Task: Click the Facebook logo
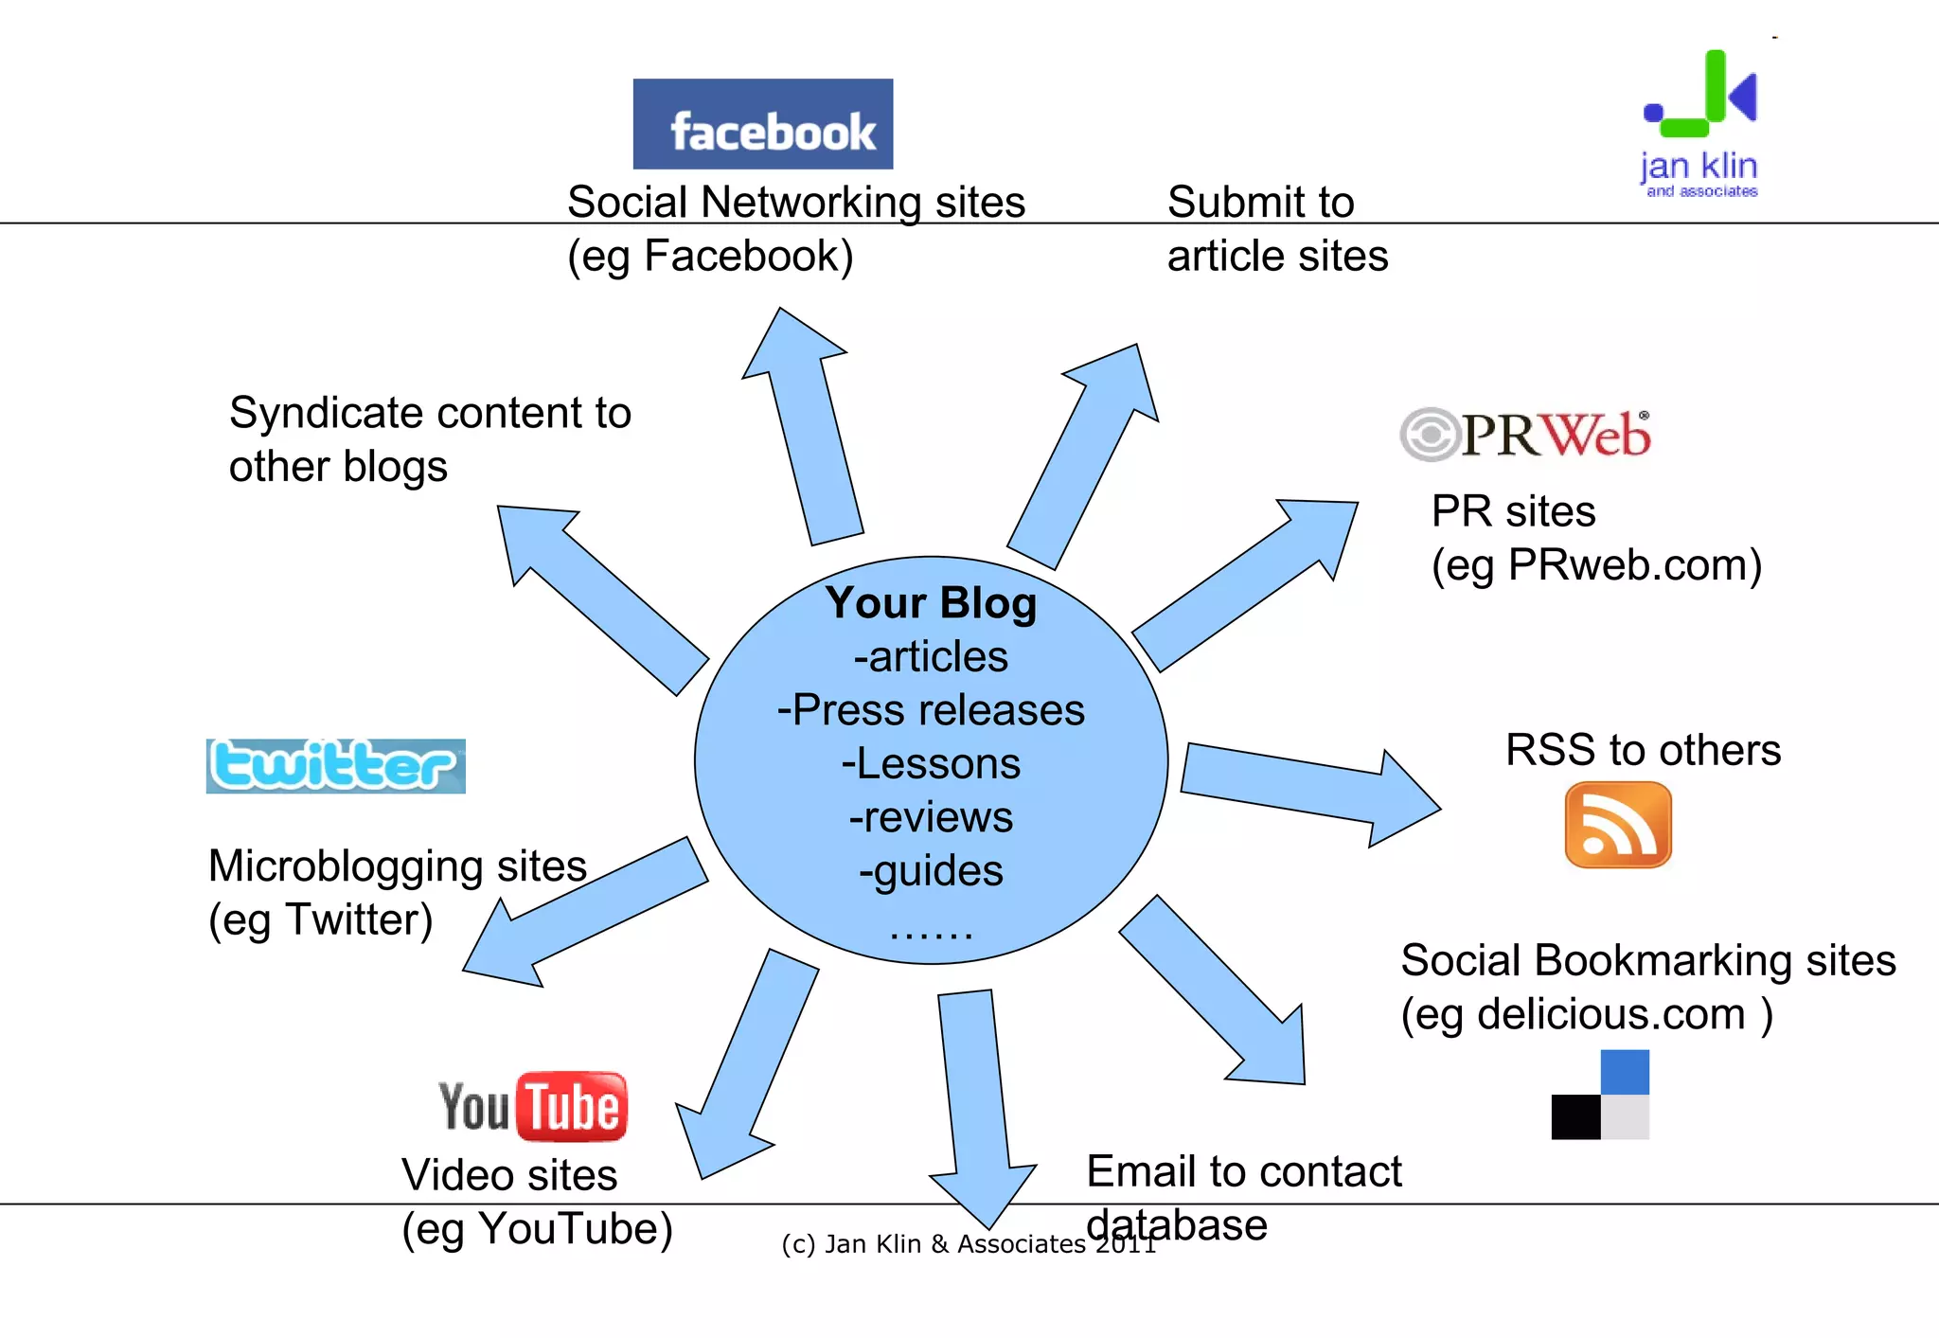(x=762, y=124)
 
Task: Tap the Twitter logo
(x=335, y=765)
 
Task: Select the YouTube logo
(x=532, y=1106)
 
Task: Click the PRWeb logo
(x=1525, y=435)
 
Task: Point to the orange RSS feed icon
(x=1617, y=824)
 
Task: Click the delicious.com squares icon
(x=1600, y=1095)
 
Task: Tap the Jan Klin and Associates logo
(x=1700, y=123)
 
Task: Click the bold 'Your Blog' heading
(x=931, y=603)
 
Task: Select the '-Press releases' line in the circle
(x=931, y=710)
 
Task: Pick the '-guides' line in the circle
(x=931, y=870)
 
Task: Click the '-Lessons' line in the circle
(x=931, y=763)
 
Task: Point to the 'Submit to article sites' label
(x=1276, y=228)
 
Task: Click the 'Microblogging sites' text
(x=397, y=865)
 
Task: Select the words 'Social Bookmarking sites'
(x=1647, y=960)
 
